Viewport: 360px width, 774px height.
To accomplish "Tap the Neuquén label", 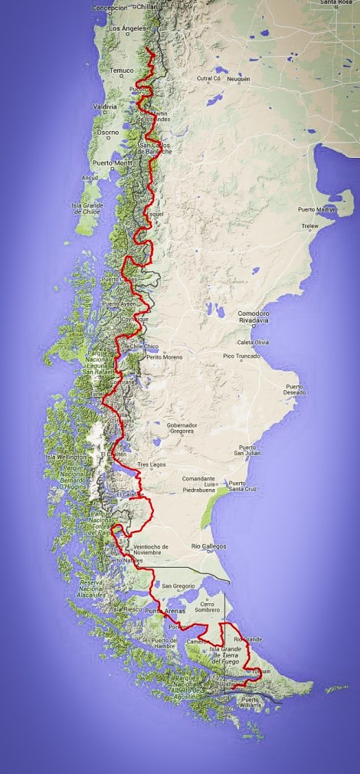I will pyautogui.click(x=237, y=79).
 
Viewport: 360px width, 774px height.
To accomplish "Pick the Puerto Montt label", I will pyautogui.click(x=113, y=162).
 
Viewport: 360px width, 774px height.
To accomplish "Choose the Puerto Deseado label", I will pyautogui.click(x=299, y=389).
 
